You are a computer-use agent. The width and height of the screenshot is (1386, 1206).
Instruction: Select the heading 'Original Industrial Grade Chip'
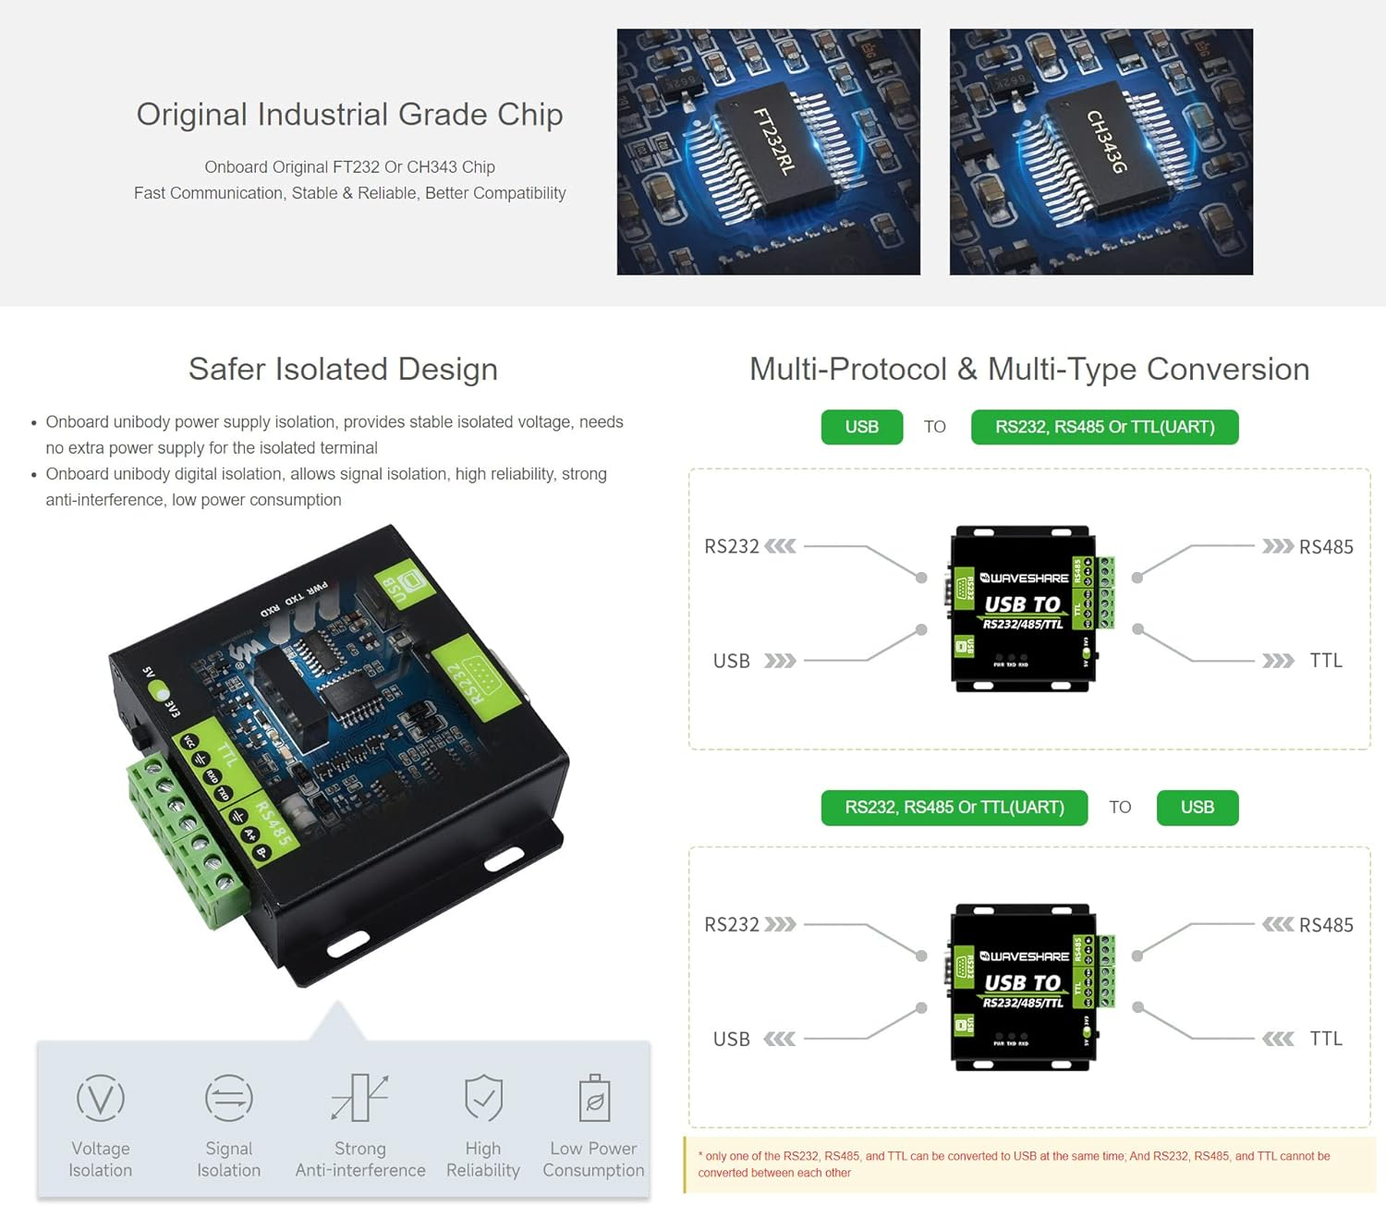pos(349,115)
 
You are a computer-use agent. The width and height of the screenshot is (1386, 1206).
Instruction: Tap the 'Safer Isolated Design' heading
pos(343,369)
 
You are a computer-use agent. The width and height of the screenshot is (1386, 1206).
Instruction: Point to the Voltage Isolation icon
pos(101,1098)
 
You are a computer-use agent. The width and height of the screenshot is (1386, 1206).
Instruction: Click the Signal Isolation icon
pos(228,1098)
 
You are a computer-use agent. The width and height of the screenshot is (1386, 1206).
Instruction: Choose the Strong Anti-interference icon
pos(359,1098)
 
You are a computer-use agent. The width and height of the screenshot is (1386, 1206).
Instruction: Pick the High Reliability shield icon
pos(483,1098)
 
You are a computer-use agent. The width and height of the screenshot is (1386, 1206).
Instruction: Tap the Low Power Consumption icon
pos(594,1098)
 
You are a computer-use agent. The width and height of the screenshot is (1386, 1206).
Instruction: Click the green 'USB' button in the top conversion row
pos(861,427)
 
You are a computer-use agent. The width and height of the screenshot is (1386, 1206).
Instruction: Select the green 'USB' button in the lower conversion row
pos(1197,808)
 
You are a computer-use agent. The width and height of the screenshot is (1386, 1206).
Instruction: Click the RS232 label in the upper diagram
pos(731,546)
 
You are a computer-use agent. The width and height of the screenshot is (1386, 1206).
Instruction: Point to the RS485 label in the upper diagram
pos(1325,547)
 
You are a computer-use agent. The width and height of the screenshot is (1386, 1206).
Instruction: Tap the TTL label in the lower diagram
pos(1325,1039)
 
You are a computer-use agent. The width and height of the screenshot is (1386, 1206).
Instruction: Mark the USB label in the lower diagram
pos(731,1040)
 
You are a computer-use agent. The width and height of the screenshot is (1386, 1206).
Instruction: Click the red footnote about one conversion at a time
pos(1014,1164)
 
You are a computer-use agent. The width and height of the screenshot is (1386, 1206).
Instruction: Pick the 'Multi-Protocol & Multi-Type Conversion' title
pos(1028,369)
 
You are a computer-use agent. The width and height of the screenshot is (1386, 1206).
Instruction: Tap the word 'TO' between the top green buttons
pos(934,427)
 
